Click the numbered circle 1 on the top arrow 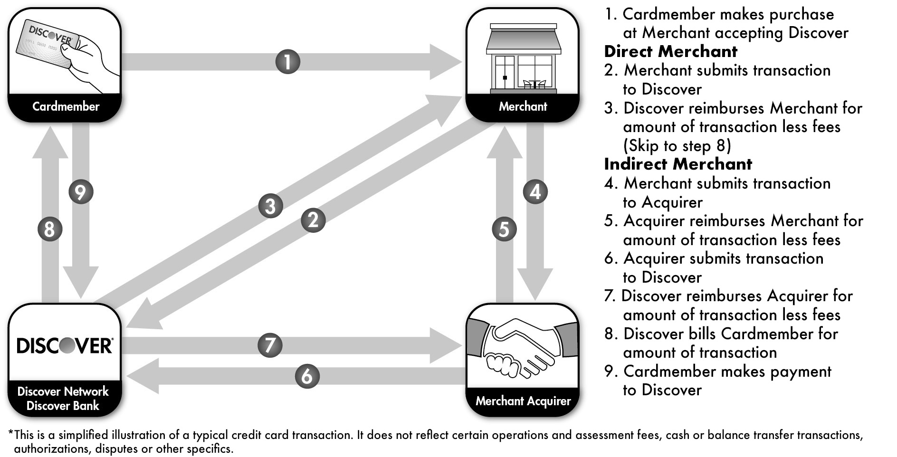pyautogui.click(x=288, y=62)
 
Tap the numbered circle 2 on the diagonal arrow pyautogui.click(x=313, y=220)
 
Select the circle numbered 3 pyautogui.click(x=271, y=206)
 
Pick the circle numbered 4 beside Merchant pyautogui.click(x=535, y=192)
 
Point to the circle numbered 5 pyautogui.click(x=504, y=229)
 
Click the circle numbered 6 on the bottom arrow pyautogui.click(x=307, y=376)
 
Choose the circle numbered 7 pyautogui.click(x=270, y=345)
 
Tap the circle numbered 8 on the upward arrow pyautogui.click(x=50, y=229)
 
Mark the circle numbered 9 pyautogui.click(x=81, y=192)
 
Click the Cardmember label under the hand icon pyautogui.click(x=66, y=106)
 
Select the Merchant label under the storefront pyautogui.click(x=523, y=106)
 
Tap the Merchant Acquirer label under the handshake pyautogui.click(x=523, y=401)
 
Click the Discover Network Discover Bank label pyautogui.click(x=63, y=399)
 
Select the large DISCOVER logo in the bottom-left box pyautogui.click(x=64, y=345)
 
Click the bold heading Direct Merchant pyautogui.click(x=670, y=51)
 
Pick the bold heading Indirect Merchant pyautogui.click(x=678, y=164)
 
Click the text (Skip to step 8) pyautogui.click(x=677, y=145)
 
